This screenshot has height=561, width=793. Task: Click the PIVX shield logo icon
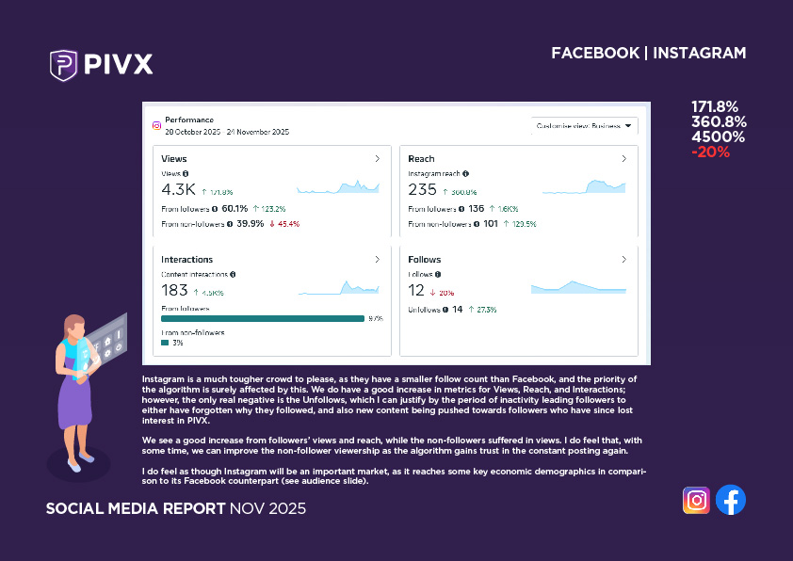tap(63, 65)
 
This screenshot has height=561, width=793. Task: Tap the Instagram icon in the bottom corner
tap(696, 500)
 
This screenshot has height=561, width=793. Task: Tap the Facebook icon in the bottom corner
tap(731, 500)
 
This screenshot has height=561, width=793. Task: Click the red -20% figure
tap(710, 152)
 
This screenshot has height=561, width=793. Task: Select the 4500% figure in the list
tap(718, 136)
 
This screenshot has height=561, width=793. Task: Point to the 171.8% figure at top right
tap(715, 106)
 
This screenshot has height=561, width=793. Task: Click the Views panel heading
tap(174, 159)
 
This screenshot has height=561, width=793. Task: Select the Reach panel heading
tap(421, 159)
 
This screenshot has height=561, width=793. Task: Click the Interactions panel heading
tap(186, 259)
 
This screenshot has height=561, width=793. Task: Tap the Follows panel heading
tap(424, 259)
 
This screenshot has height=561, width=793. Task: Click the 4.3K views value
tap(178, 190)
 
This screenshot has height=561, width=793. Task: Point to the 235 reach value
tap(422, 190)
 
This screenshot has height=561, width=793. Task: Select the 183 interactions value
tap(174, 291)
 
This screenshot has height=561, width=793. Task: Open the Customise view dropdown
tap(584, 125)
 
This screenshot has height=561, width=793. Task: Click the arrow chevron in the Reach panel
tap(624, 159)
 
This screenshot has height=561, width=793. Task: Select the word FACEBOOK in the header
tap(595, 53)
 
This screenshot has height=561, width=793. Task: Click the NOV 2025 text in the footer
tap(267, 509)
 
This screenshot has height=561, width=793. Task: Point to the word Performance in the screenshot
tap(189, 120)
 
